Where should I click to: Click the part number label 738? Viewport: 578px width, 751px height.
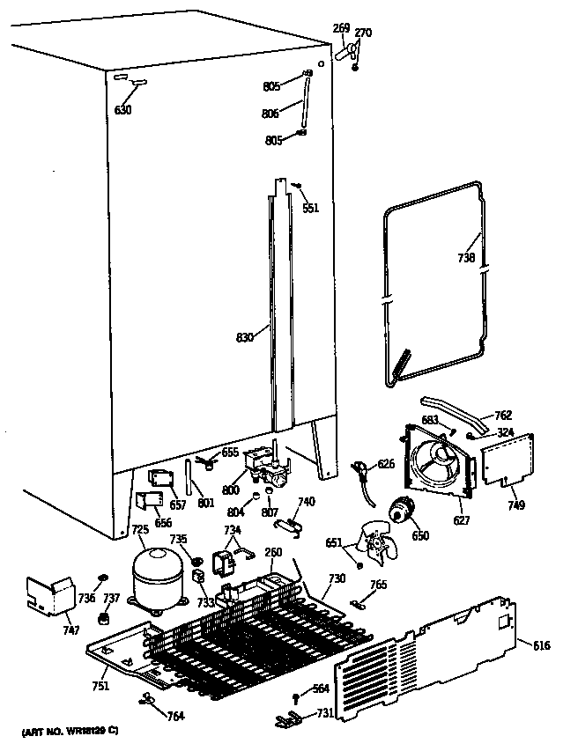pos(466,258)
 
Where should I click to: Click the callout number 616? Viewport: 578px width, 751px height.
pos(541,646)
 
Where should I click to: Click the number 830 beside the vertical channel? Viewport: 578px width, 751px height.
pos(244,336)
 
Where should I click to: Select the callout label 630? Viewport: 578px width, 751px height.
pos(122,110)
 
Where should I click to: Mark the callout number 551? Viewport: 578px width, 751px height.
pos(310,209)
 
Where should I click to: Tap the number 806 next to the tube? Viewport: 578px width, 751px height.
pos(270,114)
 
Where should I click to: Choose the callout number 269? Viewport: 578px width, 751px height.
pos(341,29)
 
